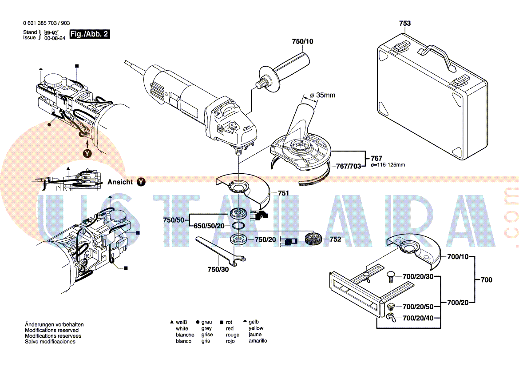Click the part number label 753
pyautogui.click(x=404, y=23)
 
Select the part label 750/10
pyautogui.click(x=302, y=41)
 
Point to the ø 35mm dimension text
pyautogui.click(x=322, y=96)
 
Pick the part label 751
pyautogui.click(x=283, y=193)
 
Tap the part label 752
pyautogui.click(x=335, y=239)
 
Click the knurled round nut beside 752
pyautogui.click(x=313, y=240)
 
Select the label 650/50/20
pyautogui.click(x=209, y=226)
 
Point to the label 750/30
pyautogui.click(x=218, y=269)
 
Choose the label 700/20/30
pyautogui.click(x=417, y=276)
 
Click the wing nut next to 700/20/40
pyautogui.click(x=391, y=317)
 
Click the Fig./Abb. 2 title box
pyautogui.click(x=89, y=34)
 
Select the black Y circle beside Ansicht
pyautogui.click(x=141, y=182)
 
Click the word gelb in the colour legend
pyautogui.click(x=254, y=322)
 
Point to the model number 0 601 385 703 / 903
pyautogui.click(x=46, y=23)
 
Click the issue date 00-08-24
pyautogui.click(x=55, y=38)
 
